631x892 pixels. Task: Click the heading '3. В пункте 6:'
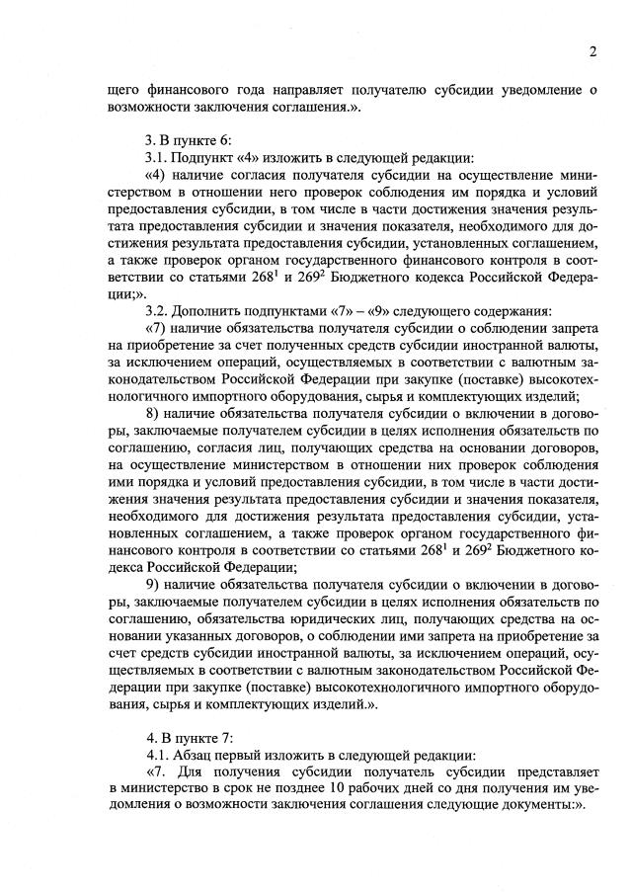(x=190, y=140)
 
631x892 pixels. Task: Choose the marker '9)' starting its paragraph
(x=154, y=585)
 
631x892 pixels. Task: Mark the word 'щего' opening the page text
(x=124, y=89)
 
